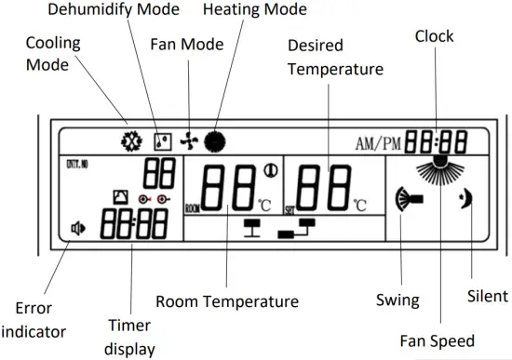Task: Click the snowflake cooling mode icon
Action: click(130, 143)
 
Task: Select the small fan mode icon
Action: click(191, 142)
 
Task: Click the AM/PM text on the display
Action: click(377, 144)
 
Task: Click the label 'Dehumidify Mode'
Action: click(100, 11)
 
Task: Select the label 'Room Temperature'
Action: click(226, 301)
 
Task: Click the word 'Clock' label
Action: click(434, 35)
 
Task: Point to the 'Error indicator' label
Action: click(34, 319)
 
